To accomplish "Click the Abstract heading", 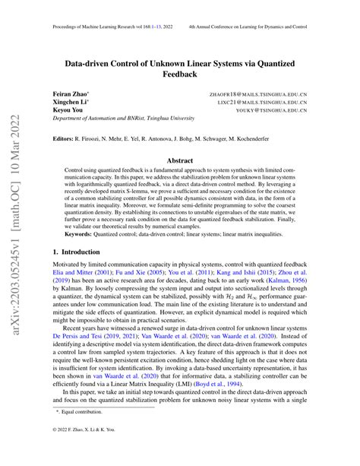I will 179,161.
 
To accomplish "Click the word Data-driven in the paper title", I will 96,64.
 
